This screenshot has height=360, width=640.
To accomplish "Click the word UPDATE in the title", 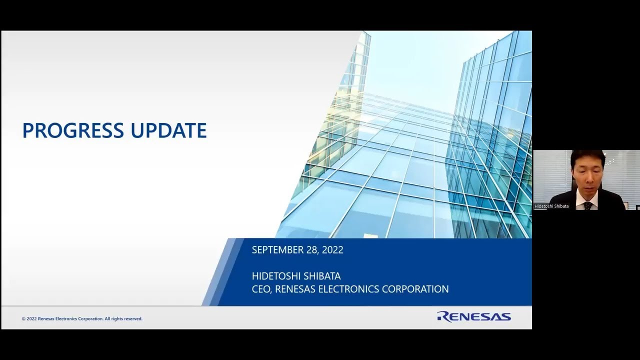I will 168,130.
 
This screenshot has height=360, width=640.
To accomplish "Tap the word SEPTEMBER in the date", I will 278,250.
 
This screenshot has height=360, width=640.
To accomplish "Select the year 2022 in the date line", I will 332,250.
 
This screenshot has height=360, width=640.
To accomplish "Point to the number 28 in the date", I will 312,250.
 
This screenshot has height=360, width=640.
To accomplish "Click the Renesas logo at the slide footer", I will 473,316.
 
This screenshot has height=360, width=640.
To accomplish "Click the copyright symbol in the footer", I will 23,319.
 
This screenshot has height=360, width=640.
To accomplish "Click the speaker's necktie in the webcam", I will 588,205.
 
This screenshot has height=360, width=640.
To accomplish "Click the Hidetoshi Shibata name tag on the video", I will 551,206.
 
